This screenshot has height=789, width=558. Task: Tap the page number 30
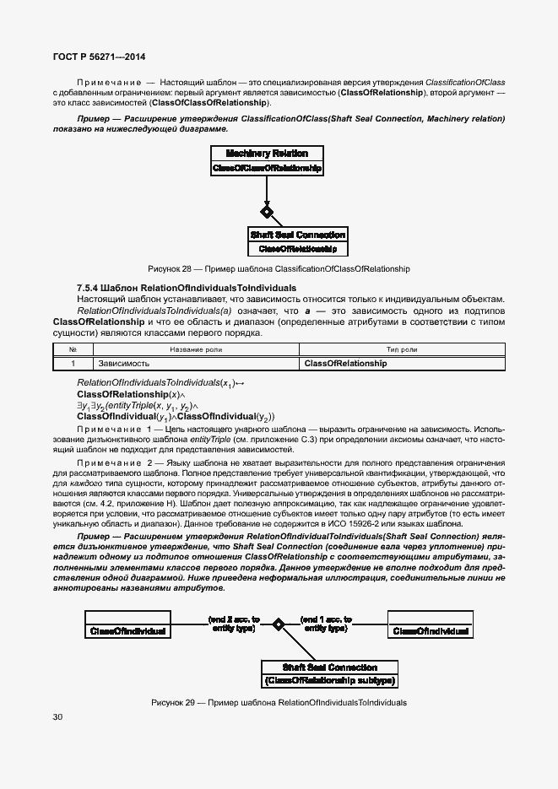pyautogui.click(x=57, y=716)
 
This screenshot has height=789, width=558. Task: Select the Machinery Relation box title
pyautogui.click(x=267, y=154)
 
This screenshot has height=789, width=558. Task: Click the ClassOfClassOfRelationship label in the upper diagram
pyautogui.click(x=267, y=169)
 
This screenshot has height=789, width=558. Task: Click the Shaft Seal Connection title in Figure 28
pyautogui.click(x=297, y=235)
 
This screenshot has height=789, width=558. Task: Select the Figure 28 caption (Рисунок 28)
pyautogui.click(x=279, y=269)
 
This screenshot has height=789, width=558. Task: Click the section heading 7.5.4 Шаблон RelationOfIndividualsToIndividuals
pyautogui.click(x=187, y=288)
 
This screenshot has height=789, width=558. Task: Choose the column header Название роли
pyautogui.click(x=196, y=349)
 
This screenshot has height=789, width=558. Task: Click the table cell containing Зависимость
pyautogui.click(x=124, y=364)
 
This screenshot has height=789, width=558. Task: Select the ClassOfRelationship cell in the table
pyautogui.click(x=345, y=364)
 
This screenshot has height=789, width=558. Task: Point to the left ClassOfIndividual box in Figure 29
pyautogui.click(x=127, y=631)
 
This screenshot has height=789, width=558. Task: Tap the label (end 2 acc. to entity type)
pyautogui.click(x=234, y=624)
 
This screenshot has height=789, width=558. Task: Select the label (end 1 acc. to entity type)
pyautogui.click(x=327, y=624)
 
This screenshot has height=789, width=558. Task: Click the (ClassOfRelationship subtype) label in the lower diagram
pyautogui.click(x=329, y=680)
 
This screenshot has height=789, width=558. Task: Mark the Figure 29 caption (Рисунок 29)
pyautogui.click(x=279, y=702)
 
